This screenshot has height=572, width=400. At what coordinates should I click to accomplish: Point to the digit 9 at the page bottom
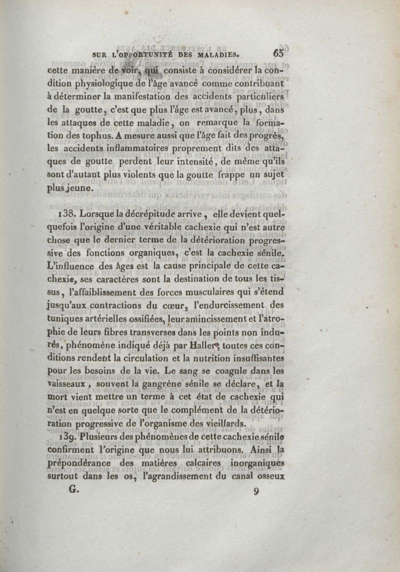click(256, 491)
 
